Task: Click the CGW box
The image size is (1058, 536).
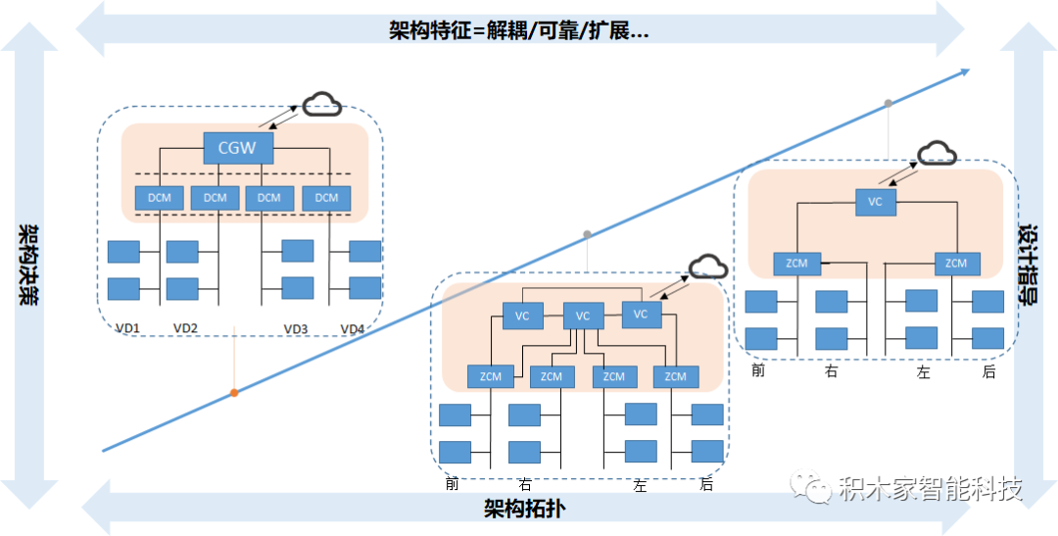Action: pos(238,148)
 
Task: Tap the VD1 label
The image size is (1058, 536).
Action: pos(127,329)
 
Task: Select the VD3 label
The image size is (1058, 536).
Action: pos(296,329)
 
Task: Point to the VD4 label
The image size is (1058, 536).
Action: pos(353,329)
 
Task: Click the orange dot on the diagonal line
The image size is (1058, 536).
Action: pos(234,392)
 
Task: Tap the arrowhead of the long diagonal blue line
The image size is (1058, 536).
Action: pos(965,71)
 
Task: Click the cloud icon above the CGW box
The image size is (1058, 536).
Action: pos(321,104)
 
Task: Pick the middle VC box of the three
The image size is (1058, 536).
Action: pos(582,316)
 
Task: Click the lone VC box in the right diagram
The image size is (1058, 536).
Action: pos(875,202)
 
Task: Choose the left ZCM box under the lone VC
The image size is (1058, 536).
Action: pos(796,264)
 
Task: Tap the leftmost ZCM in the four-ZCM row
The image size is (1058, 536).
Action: pos(491,376)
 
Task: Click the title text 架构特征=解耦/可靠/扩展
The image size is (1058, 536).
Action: pos(519,31)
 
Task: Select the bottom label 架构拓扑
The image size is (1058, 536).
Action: pos(524,508)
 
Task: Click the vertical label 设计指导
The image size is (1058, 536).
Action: pos(1028,266)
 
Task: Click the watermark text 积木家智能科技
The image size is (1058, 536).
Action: pos(932,488)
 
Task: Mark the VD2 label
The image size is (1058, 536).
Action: pos(185,329)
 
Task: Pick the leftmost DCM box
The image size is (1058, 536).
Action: pos(160,198)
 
